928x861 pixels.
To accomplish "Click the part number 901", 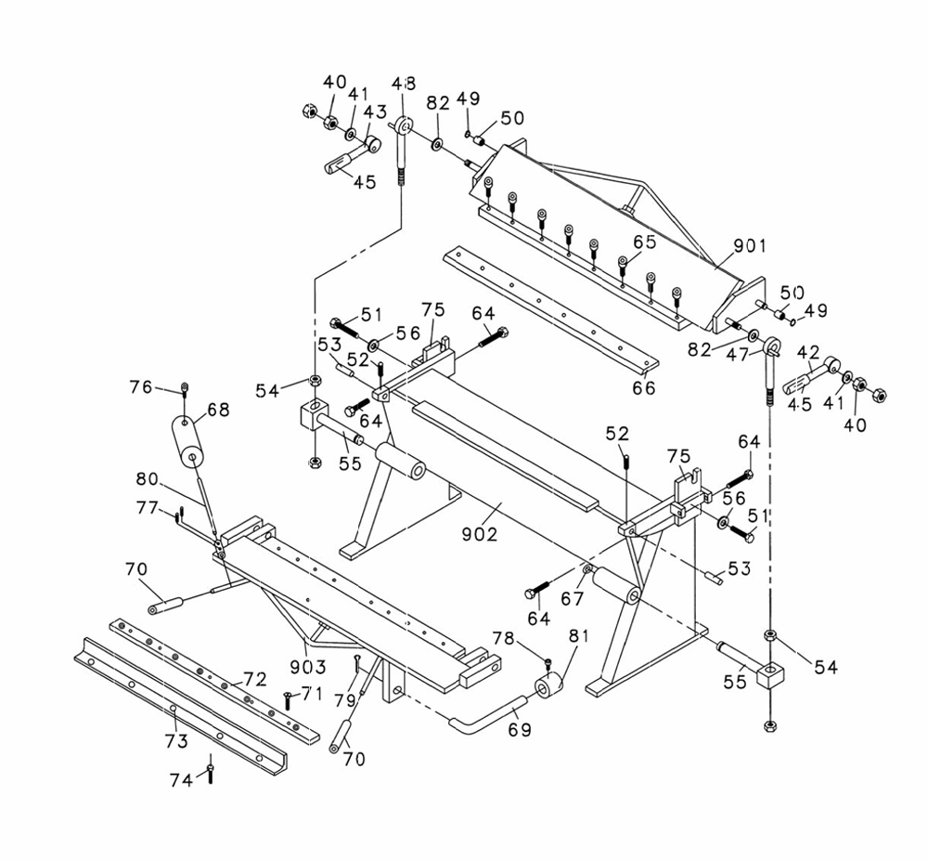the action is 749,245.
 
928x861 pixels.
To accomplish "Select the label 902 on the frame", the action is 480,534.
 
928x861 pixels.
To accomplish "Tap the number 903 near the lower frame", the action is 308,667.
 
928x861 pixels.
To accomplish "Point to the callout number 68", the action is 218,410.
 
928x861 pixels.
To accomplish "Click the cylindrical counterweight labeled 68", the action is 188,442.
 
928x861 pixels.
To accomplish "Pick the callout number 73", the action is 176,741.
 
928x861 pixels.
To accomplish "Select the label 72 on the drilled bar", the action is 256,679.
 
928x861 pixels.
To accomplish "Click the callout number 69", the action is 521,729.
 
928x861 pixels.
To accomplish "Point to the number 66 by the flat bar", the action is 644,388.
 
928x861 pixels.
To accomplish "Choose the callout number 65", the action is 645,241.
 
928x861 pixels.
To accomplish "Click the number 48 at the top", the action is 404,84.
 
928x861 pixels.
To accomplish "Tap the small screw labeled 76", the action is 185,388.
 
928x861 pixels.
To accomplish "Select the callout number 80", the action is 148,478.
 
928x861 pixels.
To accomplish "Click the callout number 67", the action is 573,599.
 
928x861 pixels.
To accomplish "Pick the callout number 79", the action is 344,700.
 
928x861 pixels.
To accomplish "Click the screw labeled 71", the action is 288,700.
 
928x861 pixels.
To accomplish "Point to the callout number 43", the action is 375,111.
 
